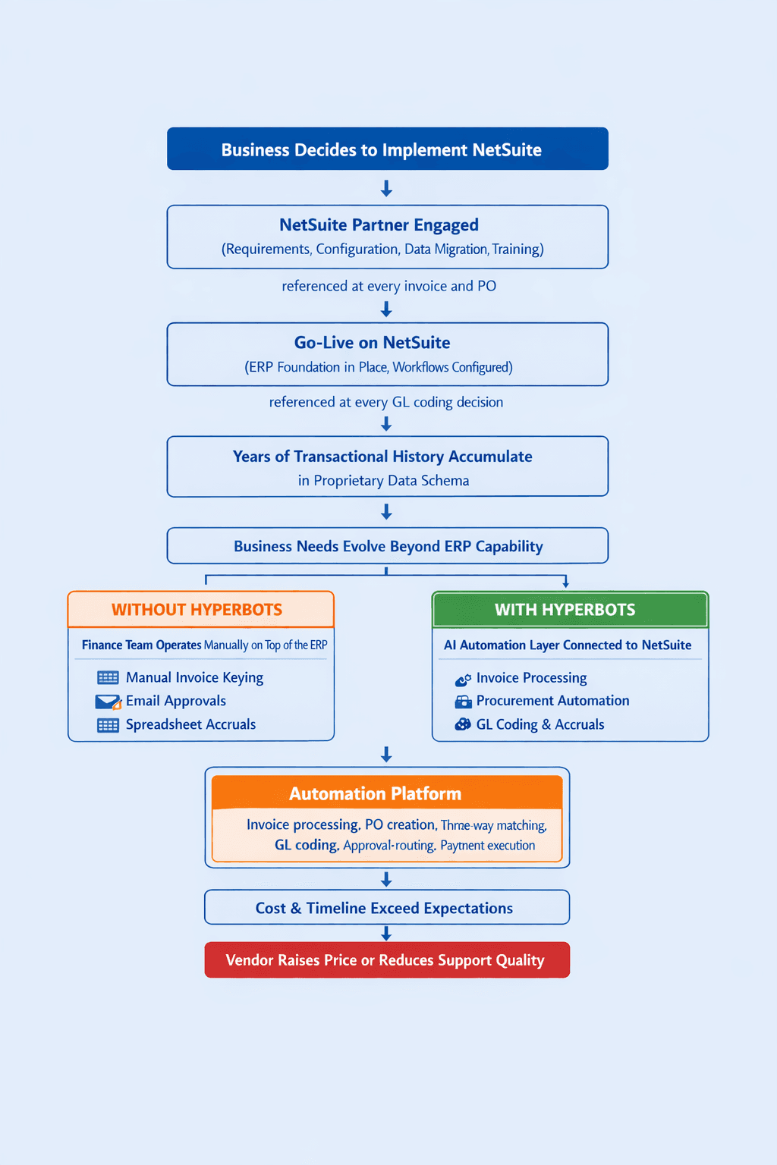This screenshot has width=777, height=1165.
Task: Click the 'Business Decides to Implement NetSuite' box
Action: pyautogui.click(x=388, y=149)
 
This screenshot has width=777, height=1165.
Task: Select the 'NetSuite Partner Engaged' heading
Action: pyautogui.click(x=379, y=225)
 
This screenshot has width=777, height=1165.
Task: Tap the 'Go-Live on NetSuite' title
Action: pyautogui.click(x=372, y=342)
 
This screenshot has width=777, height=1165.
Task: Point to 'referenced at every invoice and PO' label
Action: pyautogui.click(x=388, y=286)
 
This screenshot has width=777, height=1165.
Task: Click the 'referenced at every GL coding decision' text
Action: pyautogui.click(x=386, y=402)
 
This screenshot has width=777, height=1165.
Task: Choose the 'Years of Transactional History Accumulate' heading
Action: pyautogui.click(x=382, y=457)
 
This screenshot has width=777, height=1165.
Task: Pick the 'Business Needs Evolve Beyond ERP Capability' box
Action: pyautogui.click(x=388, y=545)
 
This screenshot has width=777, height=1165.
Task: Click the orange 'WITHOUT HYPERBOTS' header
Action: pyautogui.click(x=201, y=609)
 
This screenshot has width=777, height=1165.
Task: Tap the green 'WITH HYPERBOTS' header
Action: pyautogui.click(x=571, y=610)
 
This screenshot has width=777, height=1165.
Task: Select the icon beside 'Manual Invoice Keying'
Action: pyautogui.click(x=108, y=677)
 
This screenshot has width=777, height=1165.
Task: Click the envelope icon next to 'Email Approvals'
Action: pyautogui.click(x=109, y=702)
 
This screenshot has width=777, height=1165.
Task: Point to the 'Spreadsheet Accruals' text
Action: pyautogui.click(x=190, y=724)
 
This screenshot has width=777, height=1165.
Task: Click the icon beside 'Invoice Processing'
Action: pyautogui.click(x=463, y=679)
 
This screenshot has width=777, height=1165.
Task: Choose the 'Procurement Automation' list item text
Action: pyautogui.click(x=552, y=701)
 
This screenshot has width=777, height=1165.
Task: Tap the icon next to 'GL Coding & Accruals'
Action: pyautogui.click(x=463, y=724)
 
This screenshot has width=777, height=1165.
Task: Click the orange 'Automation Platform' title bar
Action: pyautogui.click(x=387, y=793)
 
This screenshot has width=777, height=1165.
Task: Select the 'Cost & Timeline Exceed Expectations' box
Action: pyautogui.click(x=387, y=908)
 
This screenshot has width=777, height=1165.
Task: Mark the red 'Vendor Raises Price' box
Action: pyautogui.click(x=387, y=960)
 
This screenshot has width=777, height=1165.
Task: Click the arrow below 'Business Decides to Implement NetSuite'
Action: pyautogui.click(x=386, y=188)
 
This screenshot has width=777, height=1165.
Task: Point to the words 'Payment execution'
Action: pyautogui.click(x=488, y=846)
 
